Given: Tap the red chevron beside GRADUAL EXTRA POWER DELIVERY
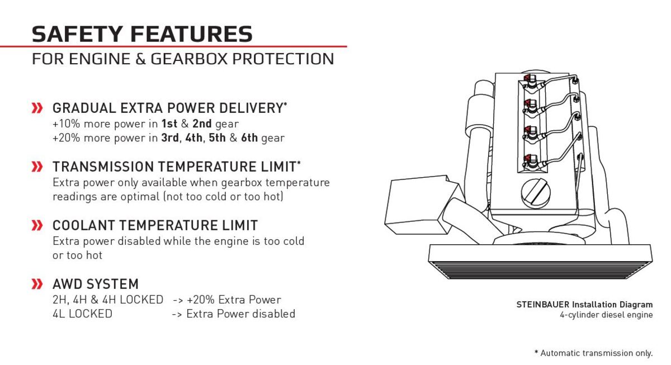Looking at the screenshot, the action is tap(37, 108).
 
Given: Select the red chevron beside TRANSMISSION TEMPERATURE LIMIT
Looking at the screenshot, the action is tap(37, 167).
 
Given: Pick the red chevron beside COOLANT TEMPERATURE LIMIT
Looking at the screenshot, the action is tap(37, 225).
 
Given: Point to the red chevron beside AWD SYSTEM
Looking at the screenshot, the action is tap(37, 284).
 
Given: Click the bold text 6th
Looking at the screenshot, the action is tap(249, 138).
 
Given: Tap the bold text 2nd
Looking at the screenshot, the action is tap(202, 124).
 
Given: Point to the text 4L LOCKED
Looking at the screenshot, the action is tap(82, 314).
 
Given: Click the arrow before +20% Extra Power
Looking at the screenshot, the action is tap(177, 300).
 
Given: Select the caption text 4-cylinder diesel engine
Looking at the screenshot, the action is tap(606, 315).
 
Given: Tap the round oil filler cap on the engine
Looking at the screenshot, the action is tap(536, 193).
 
